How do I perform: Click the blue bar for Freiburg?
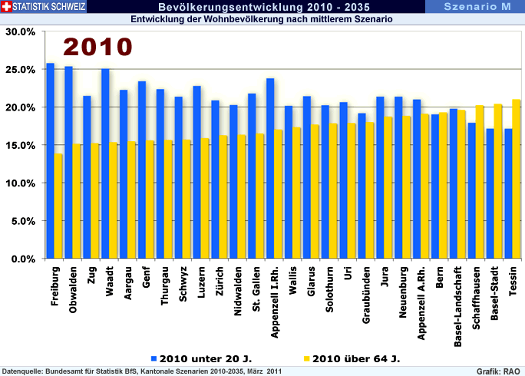point(50,161)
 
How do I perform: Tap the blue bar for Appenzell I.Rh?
point(270,169)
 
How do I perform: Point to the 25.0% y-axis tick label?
point(21,70)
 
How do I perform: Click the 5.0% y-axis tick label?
point(23,221)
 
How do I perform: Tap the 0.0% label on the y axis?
point(23,259)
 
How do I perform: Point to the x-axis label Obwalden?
point(72,291)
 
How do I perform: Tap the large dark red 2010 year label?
point(97,47)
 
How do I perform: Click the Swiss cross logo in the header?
point(7,7)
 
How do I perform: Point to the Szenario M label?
point(478,7)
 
